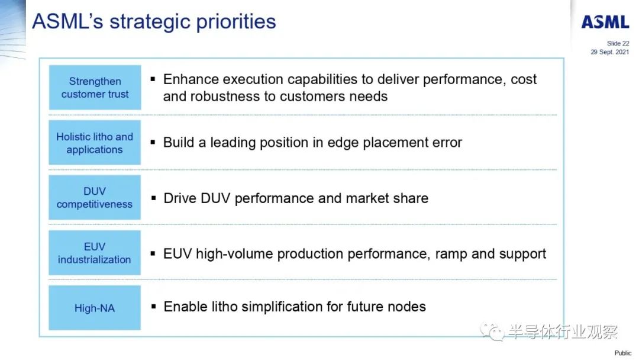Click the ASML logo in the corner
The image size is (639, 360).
[605, 22]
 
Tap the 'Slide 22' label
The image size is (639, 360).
[618, 43]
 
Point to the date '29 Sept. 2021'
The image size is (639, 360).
[609, 52]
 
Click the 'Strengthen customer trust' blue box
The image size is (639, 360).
[95, 87]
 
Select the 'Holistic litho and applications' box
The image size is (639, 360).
[95, 142]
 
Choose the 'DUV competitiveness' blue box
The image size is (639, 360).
[95, 197]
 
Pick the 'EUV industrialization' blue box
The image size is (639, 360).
[95, 253]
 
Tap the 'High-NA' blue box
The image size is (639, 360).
[95, 307]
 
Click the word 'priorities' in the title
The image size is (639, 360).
[236, 22]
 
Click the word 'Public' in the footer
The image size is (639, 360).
[622, 353]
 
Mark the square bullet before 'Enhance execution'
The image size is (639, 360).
[153, 79]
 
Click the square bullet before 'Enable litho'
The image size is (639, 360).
[153, 306]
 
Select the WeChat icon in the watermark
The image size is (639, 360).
[492, 332]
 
